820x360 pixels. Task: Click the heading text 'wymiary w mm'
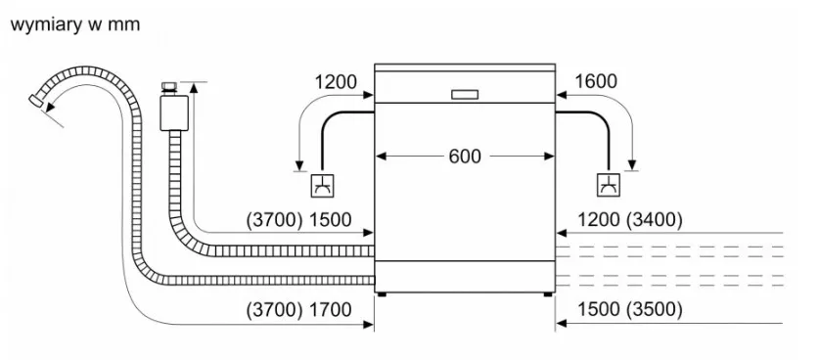[75, 24]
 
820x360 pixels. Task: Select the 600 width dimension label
[465, 157]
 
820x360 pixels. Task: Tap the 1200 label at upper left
[336, 82]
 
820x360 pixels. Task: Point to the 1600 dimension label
[596, 81]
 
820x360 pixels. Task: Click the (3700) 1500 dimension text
[299, 220]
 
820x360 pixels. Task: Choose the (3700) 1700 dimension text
[299, 310]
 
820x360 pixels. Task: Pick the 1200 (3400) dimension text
[630, 220]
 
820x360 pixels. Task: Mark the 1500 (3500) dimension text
[630, 310]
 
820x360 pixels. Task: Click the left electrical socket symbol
[322, 185]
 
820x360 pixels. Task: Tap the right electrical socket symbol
[609, 185]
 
